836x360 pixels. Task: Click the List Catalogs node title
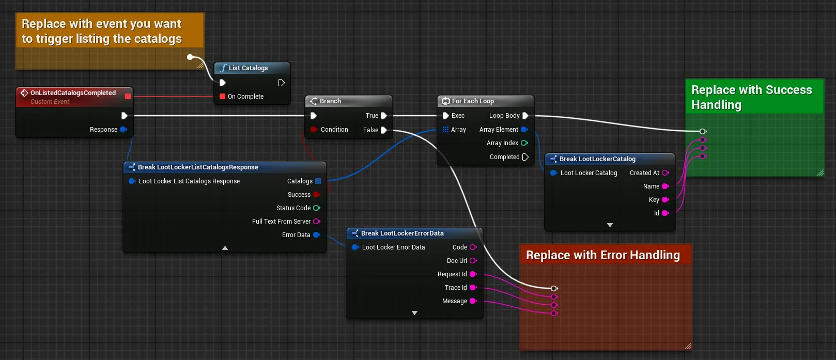(x=248, y=68)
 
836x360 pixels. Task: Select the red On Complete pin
(x=223, y=97)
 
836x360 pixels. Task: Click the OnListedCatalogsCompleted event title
(x=73, y=92)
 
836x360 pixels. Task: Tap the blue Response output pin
(x=123, y=130)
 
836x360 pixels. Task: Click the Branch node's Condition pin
(x=314, y=130)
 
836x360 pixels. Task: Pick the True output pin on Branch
(x=384, y=116)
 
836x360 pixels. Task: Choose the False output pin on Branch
(x=384, y=130)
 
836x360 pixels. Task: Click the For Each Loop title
(x=473, y=101)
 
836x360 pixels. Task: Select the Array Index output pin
(x=524, y=143)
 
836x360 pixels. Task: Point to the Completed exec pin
(x=525, y=157)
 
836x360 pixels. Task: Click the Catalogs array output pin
(x=318, y=181)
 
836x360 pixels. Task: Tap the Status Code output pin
(x=317, y=208)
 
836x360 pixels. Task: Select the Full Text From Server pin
(x=317, y=221)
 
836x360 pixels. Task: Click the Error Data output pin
(x=317, y=234)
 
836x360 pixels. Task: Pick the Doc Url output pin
(x=473, y=260)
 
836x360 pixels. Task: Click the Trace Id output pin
(x=473, y=287)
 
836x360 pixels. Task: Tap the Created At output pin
(x=665, y=173)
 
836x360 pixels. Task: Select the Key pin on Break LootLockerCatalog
(x=665, y=199)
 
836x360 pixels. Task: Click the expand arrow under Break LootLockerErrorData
(x=414, y=313)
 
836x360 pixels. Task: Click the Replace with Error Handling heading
(x=603, y=255)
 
